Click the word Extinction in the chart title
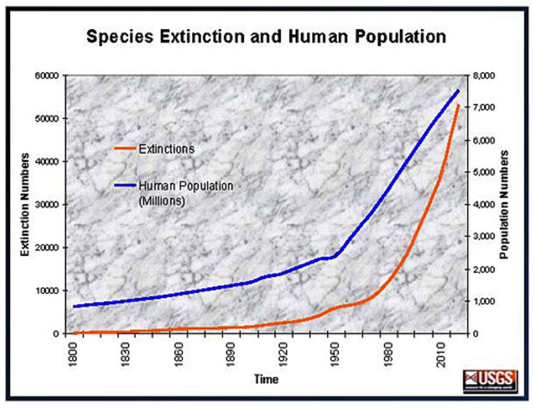pyautogui.click(x=202, y=37)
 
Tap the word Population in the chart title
pyautogui.click(x=400, y=37)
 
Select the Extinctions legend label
pyautogui.click(x=167, y=149)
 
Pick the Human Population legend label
pyautogui.click(x=186, y=186)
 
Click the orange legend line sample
pyautogui.click(x=125, y=148)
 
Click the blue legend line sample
pyautogui.click(x=125, y=185)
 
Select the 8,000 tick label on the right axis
pyautogui.click(x=484, y=76)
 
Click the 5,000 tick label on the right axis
pyautogui.click(x=484, y=172)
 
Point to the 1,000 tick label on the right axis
pyautogui.click(x=484, y=301)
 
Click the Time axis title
pyautogui.click(x=266, y=379)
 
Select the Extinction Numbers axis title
pyautogui.click(x=25, y=204)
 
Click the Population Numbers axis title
pyautogui.click(x=504, y=204)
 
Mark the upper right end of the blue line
pyautogui.click(x=458, y=91)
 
